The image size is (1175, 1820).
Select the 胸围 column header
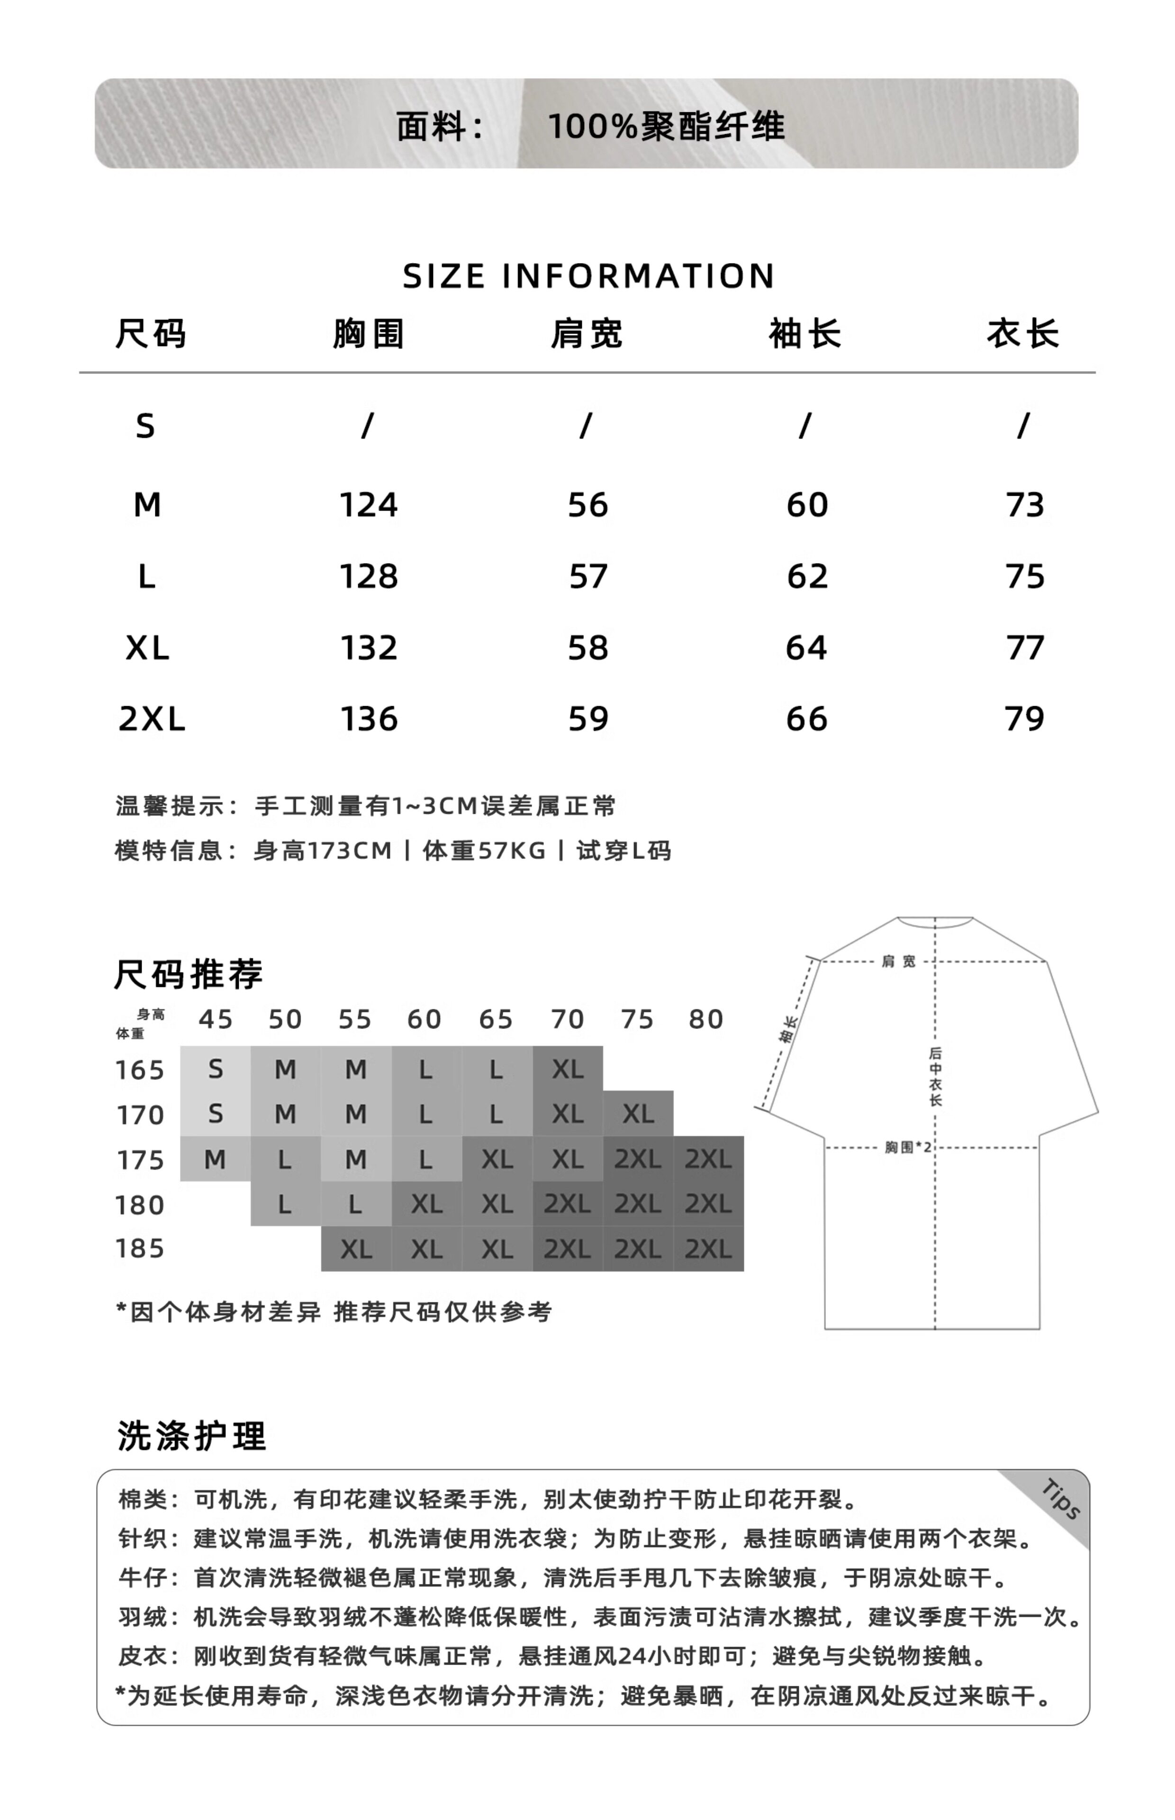point(369,334)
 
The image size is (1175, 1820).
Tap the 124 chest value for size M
point(369,505)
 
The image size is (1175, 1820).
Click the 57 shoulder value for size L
point(588,576)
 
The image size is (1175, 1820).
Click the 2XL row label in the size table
point(152,719)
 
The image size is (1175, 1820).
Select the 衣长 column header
point(1023,334)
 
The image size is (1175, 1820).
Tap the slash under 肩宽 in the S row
point(586,426)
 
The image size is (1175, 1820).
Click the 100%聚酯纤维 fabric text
point(666,126)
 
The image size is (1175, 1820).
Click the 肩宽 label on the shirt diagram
point(899,962)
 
